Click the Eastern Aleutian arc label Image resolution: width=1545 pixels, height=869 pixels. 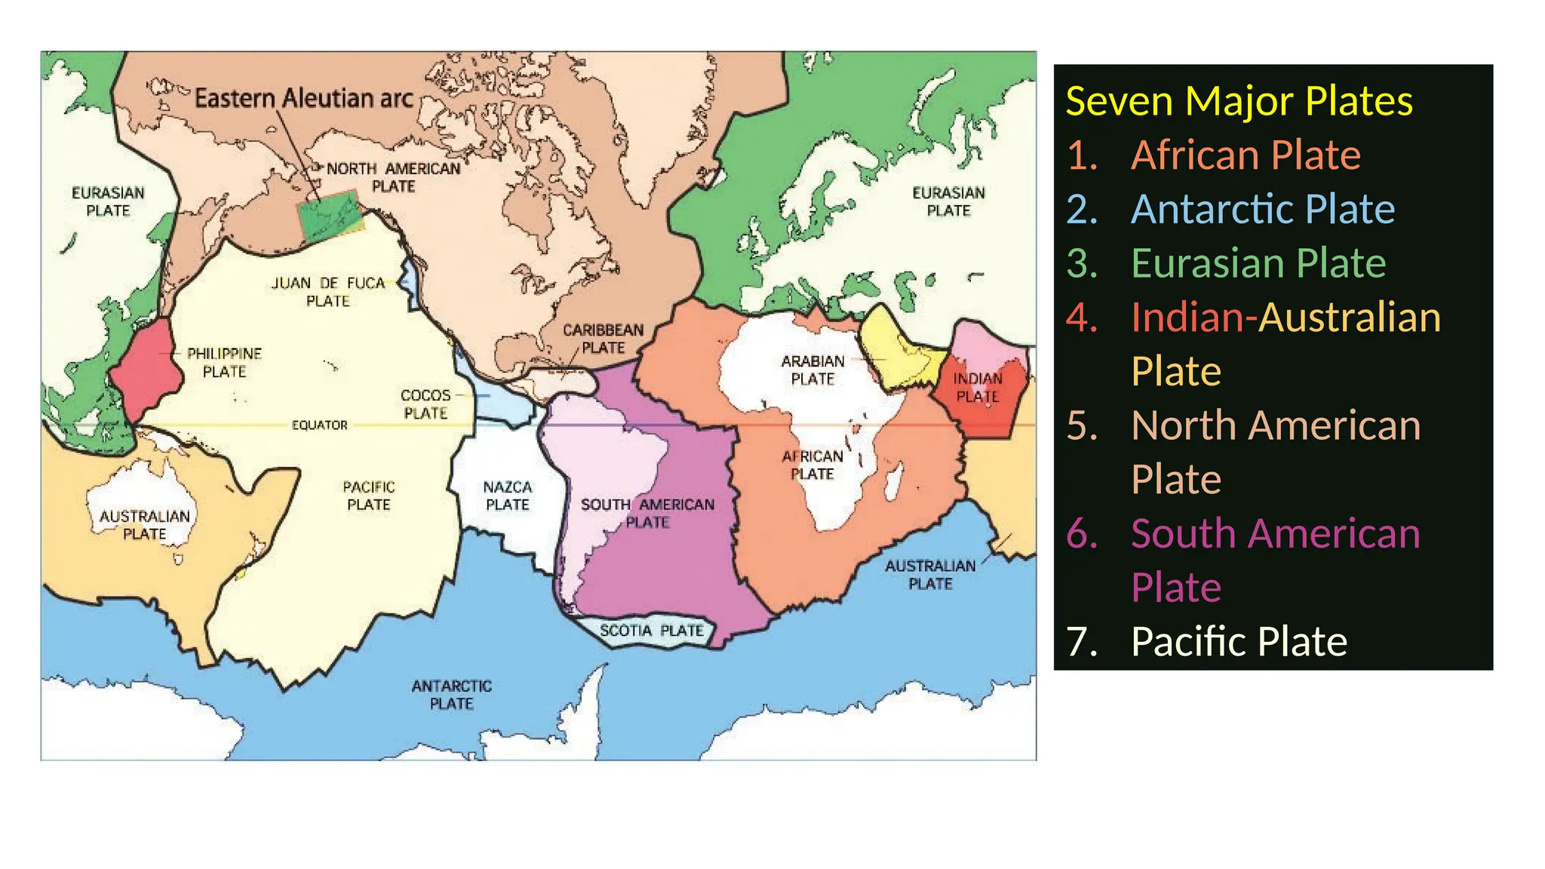coord(303,98)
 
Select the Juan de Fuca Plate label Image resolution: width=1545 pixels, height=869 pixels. coord(328,292)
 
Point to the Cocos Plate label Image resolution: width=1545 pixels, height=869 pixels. coord(425,404)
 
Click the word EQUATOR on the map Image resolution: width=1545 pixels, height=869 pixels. coord(320,425)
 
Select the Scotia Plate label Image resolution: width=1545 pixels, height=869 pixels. coord(652,631)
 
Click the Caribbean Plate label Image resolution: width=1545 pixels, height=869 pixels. coord(604,339)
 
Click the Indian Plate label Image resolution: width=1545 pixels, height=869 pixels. coord(978,387)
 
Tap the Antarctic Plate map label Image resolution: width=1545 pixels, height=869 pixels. coord(451,695)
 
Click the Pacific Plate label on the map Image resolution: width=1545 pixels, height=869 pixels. coord(369,496)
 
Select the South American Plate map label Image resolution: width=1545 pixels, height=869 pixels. coord(647,513)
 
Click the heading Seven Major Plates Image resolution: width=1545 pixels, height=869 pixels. coord(1239,101)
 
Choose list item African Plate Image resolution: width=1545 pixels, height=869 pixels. coord(1246,155)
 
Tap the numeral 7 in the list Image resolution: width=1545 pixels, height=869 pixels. coord(1081,642)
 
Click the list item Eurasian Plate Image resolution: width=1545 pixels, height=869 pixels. coord(1258,263)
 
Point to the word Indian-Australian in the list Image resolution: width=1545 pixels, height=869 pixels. coord(1285,318)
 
